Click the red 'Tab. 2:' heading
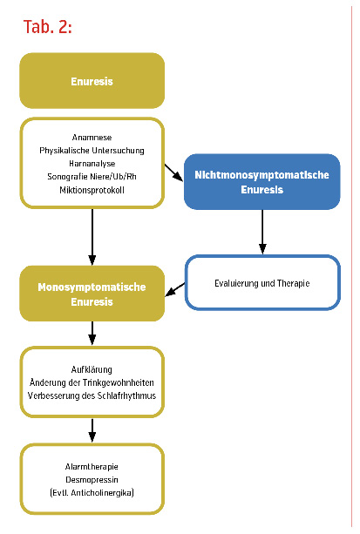tap(47, 26)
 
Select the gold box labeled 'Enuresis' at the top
tap(92, 81)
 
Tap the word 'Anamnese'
tap(92, 138)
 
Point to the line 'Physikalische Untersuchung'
tap(92, 151)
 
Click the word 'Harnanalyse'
tap(92, 164)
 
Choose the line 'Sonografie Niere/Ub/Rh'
tap(92, 177)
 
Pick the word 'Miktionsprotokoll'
tap(92, 190)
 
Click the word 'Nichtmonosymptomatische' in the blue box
tap(262, 175)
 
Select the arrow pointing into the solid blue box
tap(173, 172)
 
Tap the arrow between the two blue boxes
tap(262, 232)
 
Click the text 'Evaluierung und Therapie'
tap(262, 283)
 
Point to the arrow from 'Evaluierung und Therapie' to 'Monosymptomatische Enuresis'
tap(175, 289)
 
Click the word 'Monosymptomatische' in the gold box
tap(92, 287)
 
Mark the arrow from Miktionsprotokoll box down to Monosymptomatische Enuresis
tap(92, 236)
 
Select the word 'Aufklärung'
tap(92, 369)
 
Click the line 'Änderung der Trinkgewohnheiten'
tap(92, 382)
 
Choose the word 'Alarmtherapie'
tap(92, 467)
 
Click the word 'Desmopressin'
tap(92, 479)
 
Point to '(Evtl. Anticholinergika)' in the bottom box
tap(92, 492)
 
